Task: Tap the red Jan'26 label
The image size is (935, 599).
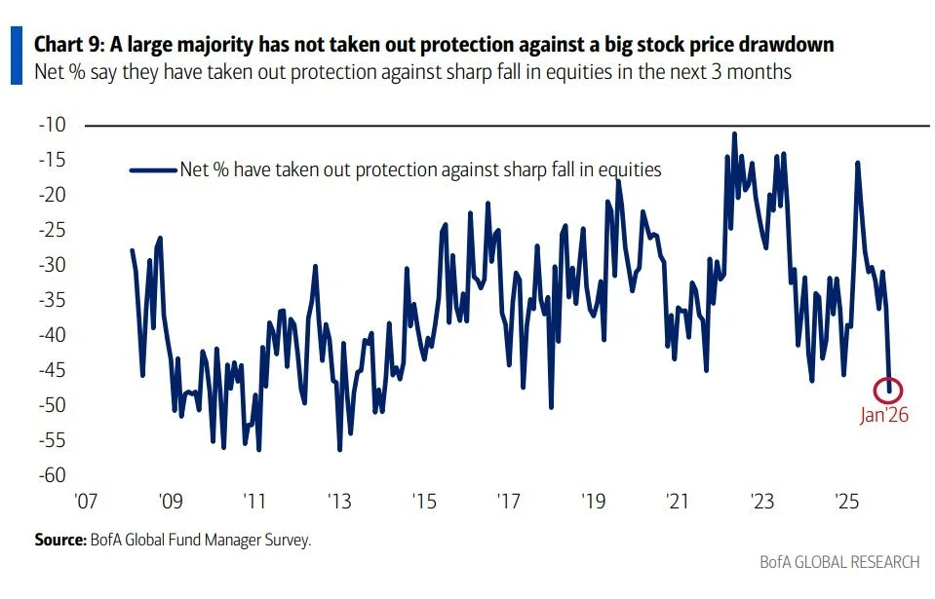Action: (x=883, y=415)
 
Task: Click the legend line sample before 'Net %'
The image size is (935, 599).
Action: (x=152, y=169)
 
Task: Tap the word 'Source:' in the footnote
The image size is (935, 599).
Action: (x=61, y=539)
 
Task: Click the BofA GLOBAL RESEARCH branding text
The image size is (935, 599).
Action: (x=839, y=562)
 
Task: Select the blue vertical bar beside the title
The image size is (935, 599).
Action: (x=17, y=56)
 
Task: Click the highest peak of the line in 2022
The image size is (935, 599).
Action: (x=734, y=133)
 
